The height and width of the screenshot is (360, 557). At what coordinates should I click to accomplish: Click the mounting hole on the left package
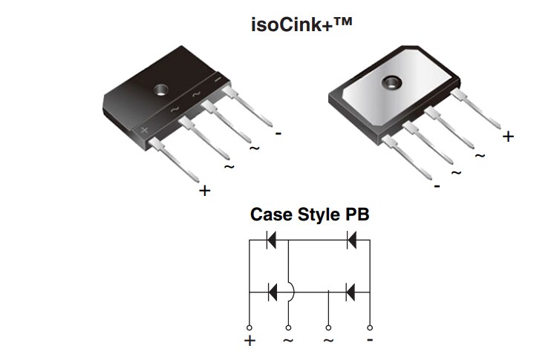click(159, 91)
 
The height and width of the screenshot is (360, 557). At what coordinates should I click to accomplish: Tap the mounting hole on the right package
click(391, 82)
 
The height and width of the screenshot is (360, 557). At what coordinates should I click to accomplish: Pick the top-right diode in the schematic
click(351, 240)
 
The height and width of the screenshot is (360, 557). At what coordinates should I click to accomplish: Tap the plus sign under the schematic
click(250, 341)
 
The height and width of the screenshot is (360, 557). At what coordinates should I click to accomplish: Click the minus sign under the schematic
click(369, 340)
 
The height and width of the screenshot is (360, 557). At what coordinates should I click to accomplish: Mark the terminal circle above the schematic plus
click(250, 327)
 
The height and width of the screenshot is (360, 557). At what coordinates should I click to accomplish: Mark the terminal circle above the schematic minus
click(370, 327)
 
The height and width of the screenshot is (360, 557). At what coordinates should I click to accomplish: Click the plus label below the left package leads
click(205, 191)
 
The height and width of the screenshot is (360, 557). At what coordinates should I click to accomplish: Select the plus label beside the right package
click(508, 137)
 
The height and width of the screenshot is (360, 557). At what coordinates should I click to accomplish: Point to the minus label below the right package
click(437, 186)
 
